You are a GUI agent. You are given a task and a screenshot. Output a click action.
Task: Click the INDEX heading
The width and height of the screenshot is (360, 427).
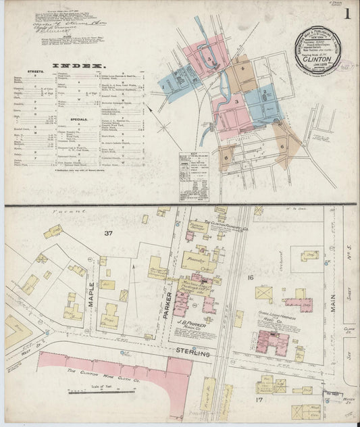click(x=84, y=67)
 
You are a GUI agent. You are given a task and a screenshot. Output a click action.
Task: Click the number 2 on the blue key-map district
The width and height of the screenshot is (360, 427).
click(x=265, y=92)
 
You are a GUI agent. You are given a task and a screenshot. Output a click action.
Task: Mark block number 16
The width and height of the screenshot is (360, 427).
click(x=249, y=278)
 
